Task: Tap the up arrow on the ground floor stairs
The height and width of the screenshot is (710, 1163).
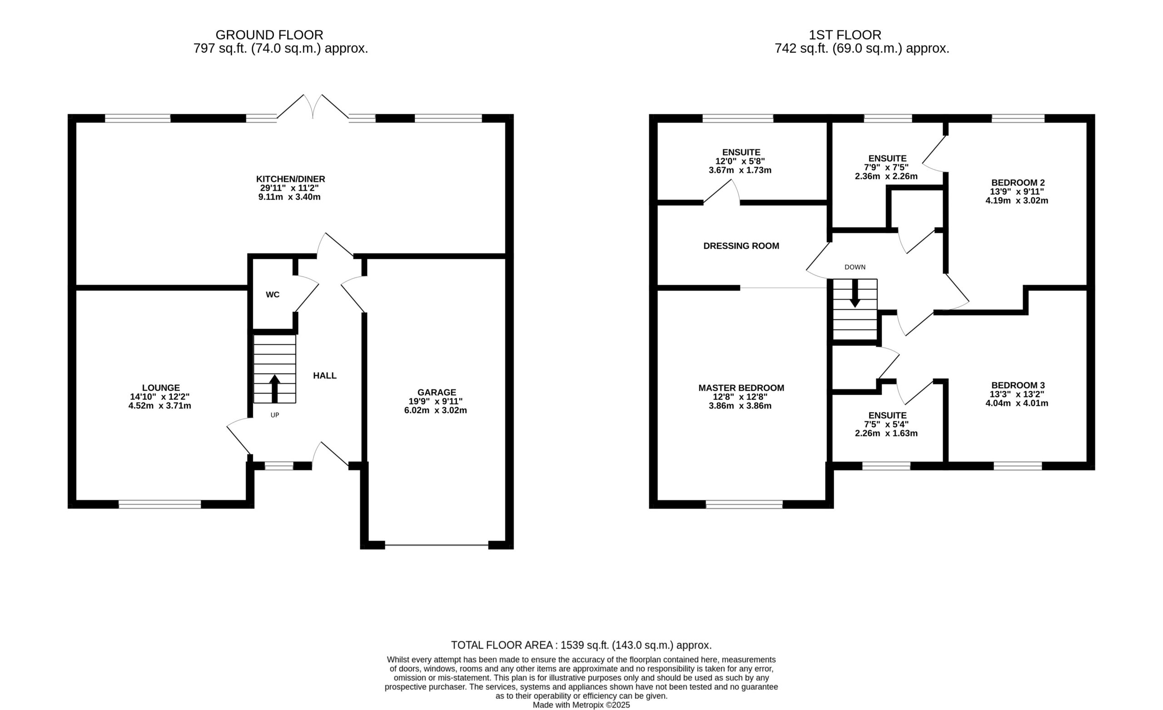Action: click(275, 389)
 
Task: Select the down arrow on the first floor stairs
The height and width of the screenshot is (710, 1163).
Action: click(855, 293)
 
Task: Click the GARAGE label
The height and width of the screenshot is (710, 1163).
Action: click(437, 392)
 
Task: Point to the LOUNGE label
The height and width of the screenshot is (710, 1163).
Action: click(161, 388)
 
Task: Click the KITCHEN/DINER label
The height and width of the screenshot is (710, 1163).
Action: click(291, 179)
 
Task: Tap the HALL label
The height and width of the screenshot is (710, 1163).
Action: click(325, 375)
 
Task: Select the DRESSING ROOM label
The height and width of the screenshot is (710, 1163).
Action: click(741, 246)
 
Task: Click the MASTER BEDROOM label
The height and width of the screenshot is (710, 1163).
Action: click(741, 388)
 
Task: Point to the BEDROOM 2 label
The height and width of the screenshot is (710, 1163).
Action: click(1018, 182)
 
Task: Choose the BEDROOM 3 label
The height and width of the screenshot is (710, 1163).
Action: click(1018, 385)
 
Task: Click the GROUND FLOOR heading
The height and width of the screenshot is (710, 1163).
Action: click(269, 35)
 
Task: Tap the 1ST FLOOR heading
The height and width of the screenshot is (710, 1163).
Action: click(845, 35)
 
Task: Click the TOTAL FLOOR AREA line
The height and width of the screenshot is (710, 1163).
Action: click(581, 645)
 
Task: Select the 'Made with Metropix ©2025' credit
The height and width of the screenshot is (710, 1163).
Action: click(581, 705)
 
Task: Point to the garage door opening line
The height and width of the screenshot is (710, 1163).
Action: click(437, 545)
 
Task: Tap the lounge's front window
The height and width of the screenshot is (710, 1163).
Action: click(160, 504)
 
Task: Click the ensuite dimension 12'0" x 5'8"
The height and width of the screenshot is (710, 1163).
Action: click(740, 161)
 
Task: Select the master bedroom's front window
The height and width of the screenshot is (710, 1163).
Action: click(744, 504)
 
